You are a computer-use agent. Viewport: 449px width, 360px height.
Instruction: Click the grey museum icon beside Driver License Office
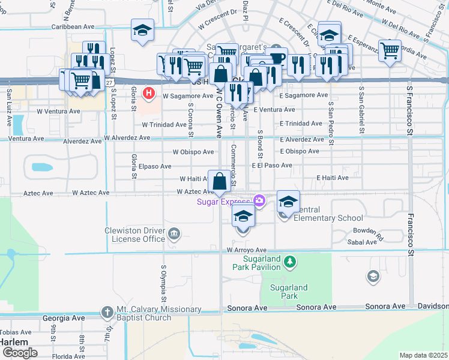174,233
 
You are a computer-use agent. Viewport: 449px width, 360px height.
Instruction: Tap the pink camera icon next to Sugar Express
259,200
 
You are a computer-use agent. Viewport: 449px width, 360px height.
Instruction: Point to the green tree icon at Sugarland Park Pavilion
291,261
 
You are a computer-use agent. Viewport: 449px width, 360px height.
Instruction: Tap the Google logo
19,353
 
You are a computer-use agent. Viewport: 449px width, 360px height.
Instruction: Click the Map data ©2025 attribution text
423,355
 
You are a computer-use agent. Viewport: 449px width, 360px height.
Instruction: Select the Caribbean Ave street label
73,27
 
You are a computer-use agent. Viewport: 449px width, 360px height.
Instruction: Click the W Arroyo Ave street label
246,250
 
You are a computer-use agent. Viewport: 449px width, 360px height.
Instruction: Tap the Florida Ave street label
68,356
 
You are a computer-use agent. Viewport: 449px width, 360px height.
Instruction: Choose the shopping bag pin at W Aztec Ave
219,181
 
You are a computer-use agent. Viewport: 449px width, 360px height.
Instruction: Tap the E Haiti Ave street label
333,178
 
